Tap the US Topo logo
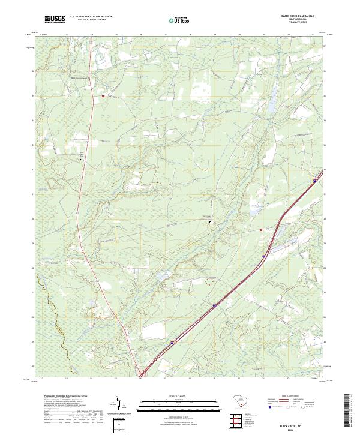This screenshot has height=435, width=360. (177, 20)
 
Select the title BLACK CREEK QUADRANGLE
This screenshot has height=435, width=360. (297, 16)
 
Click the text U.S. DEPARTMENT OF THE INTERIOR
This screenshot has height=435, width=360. (91, 17)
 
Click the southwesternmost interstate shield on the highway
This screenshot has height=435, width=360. (172, 343)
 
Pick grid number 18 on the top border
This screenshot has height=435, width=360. (190, 35)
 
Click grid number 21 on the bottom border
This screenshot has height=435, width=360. (264, 379)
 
